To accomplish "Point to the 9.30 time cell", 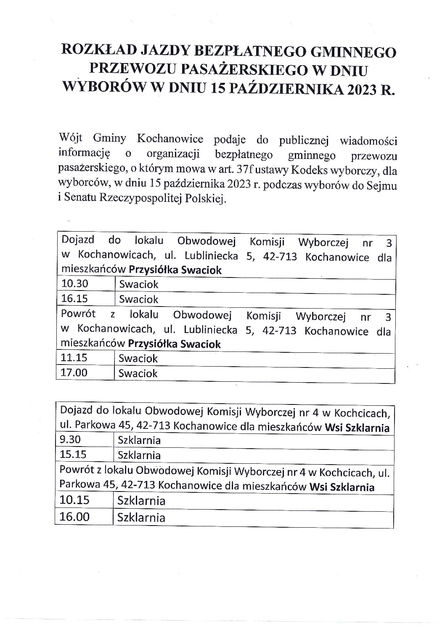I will coord(72,440).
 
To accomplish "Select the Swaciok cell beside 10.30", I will coord(139,284).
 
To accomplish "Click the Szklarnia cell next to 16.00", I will coord(141,517).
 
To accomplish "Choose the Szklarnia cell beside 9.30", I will coord(140,441).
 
